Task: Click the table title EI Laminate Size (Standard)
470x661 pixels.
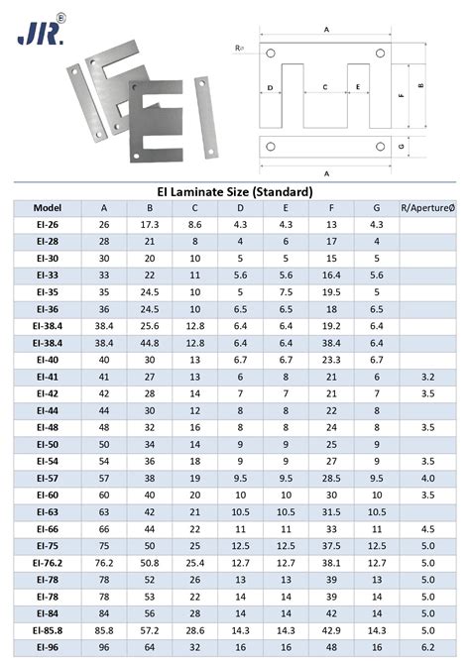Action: (x=235, y=190)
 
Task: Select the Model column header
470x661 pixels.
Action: (x=47, y=208)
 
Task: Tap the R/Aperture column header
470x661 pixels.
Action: (x=427, y=208)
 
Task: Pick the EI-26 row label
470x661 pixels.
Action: (x=47, y=225)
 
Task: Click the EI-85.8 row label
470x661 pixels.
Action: (x=47, y=629)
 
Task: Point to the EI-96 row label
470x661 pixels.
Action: (x=47, y=646)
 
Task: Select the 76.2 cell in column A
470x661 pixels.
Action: (x=104, y=562)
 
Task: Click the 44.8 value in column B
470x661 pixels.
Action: (x=150, y=342)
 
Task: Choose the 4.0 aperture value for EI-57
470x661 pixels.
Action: (x=427, y=478)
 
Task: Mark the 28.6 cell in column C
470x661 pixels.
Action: (x=194, y=629)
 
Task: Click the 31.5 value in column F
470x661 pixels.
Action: (x=331, y=511)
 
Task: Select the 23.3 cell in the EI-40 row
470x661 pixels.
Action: (x=331, y=360)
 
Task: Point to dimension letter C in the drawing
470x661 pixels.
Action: (x=325, y=87)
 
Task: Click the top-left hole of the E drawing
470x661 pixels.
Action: (x=271, y=52)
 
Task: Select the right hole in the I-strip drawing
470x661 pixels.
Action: (x=381, y=148)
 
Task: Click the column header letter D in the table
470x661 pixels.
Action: (x=240, y=208)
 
